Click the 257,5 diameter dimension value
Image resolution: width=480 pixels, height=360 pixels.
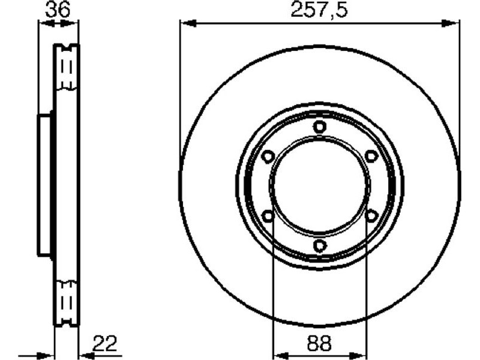click(319, 10)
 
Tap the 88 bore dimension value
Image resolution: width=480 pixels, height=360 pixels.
click(319, 343)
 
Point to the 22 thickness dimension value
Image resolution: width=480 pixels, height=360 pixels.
click(104, 343)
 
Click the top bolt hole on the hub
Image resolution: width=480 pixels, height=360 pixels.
click(320, 127)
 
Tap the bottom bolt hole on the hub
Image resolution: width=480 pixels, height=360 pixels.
click(320, 245)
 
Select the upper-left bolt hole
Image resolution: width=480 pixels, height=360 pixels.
click(268, 156)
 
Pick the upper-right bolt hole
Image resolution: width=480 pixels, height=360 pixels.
click(371, 156)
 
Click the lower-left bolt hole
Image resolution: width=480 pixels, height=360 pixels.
click(268, 216)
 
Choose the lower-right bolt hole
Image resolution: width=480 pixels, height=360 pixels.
click(371, 216)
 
